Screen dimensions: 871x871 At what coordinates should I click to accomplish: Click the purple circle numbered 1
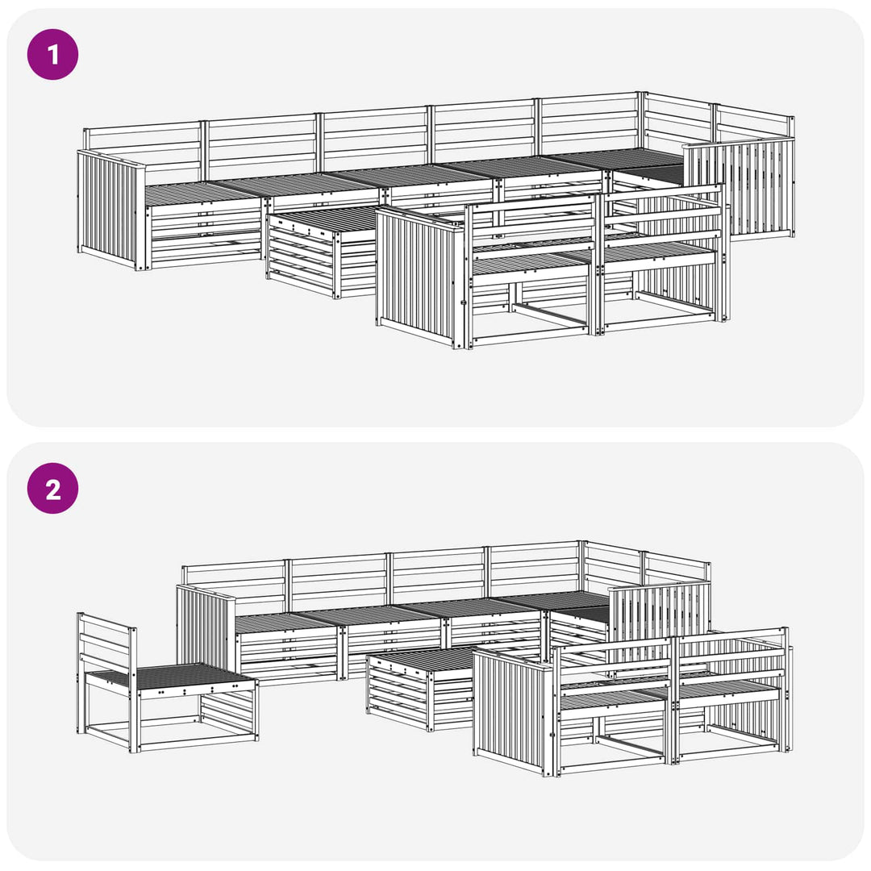tap(52, 55)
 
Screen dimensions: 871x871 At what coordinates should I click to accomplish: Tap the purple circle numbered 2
tap(52, 488)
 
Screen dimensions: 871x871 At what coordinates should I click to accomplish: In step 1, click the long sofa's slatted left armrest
tap(110, 210)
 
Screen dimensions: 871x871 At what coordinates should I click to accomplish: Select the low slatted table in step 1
tap(322, 250)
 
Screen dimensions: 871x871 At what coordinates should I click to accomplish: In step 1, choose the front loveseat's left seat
tap(531, 261)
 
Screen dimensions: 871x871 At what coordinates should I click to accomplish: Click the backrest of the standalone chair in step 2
tap(106, 644)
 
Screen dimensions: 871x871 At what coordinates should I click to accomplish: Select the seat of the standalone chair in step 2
tap(169, 676)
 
